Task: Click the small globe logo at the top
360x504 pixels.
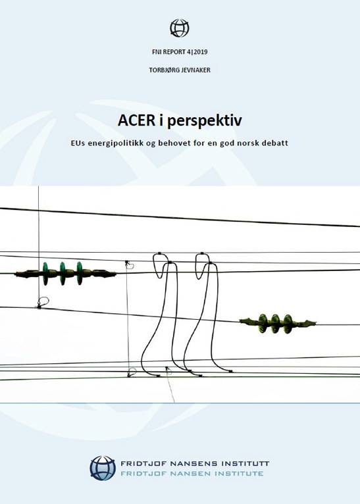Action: (x=180, y=28)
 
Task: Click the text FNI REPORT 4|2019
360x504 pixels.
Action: (x=180, y=52)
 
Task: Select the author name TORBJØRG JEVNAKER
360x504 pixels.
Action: (x=180, y=70)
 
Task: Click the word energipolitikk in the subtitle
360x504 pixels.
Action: (x=115, y=143)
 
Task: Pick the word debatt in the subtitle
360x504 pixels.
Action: (x=275, y=143)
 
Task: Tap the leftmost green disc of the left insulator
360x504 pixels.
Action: (x=45, y=274)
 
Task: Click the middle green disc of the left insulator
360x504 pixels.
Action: (x=63, y=274)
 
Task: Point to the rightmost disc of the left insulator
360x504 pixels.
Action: (x=80, y=274)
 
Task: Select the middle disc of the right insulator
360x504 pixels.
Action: (x=276, y=323)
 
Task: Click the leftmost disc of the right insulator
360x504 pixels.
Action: (x=263, y=323)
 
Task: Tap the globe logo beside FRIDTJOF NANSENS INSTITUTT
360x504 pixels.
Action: (x=103, y=468)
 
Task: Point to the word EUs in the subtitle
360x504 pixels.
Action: (x=78, y=143)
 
